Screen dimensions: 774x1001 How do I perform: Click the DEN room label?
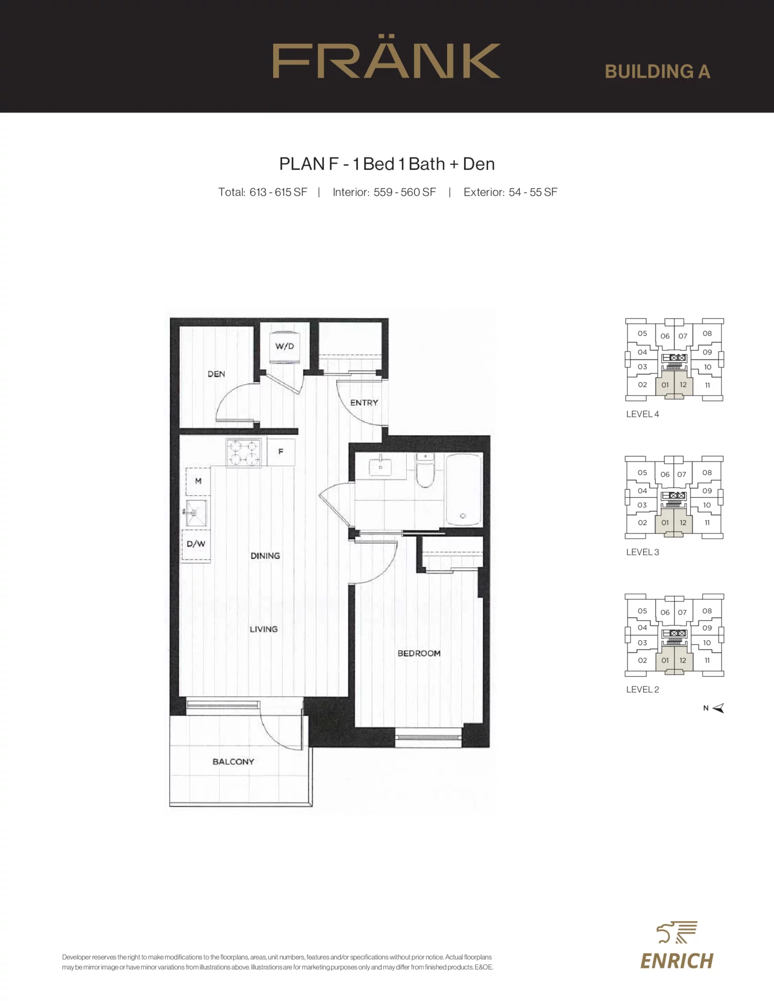[x=216, y=374]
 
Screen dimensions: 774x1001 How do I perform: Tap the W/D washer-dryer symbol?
[x=284, y=346]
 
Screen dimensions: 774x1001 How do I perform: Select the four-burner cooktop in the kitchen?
[x=244, y=453]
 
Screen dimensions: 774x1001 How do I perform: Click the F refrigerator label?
[x=281, y=451]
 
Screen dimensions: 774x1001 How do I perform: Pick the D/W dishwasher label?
[x=196, y=544]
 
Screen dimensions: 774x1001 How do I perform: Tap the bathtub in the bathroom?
[x=463, y=489]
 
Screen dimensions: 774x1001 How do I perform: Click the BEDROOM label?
[x=419, y=653]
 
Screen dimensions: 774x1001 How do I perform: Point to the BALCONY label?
[x=233, y=762]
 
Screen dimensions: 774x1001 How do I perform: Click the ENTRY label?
[x=364, y=402]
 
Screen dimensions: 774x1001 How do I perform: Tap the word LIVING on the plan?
[x=263, y=629]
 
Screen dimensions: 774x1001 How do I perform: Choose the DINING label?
[x=265, y=556]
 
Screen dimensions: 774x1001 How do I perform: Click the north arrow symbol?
[x=718, y=708]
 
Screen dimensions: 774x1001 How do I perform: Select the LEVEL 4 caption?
[x=643, y=414]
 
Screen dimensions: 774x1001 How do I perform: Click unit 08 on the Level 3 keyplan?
[x=707, y=472]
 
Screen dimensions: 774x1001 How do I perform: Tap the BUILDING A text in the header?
[x=658, y=71]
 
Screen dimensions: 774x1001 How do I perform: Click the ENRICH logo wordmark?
[x=676, y=960]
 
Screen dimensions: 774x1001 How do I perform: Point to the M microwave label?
[x=198, y=481]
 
